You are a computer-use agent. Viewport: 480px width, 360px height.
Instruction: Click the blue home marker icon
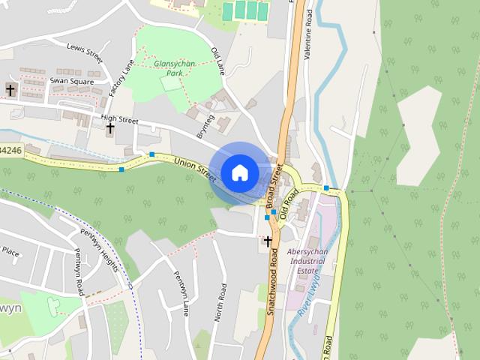pyautogui.click(x=239, y=172)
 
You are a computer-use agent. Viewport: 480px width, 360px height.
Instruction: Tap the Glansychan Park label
pyautogui.click(x=174, y=69)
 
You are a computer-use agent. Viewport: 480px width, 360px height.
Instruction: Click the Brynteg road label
pyautogui.click(x=205, y=126)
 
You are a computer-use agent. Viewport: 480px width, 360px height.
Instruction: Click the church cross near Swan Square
pyautogui.click(x=10, y=90)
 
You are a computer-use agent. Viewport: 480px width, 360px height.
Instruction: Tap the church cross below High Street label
pyautogui.click(x=110, y=128)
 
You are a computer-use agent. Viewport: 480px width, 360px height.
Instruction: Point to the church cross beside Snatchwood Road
pyautogui.click(x=268, y=241)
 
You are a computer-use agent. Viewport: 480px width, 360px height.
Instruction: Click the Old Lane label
pyautogui.click(x=218, y=60)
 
